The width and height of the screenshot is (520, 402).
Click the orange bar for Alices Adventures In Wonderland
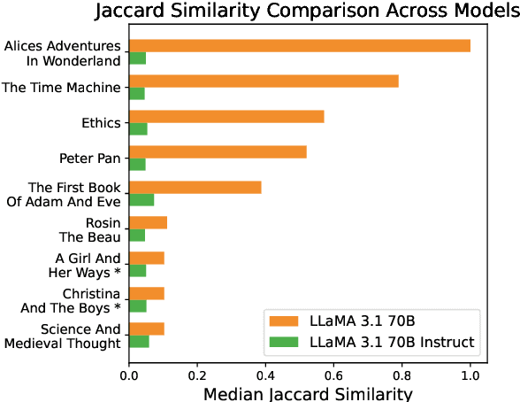coord(300,45)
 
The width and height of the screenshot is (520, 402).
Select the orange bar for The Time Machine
coord(264,81)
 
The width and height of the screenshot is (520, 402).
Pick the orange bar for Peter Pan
coord(218,151)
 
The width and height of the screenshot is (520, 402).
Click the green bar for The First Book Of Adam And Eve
coord(141,199)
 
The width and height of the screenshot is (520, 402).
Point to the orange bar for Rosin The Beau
coord(148,222)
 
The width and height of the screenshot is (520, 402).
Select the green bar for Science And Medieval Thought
coord(139,341)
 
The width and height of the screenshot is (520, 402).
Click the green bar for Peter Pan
coord(137,164)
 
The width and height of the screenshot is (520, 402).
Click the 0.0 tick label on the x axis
coord(129,373)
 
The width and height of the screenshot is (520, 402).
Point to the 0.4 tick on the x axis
coord(265,373)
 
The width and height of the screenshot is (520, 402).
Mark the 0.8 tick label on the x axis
coord(401,373)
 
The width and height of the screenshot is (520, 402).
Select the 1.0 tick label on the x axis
coord(470,373)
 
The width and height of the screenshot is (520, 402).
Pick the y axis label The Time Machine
coord(61,87)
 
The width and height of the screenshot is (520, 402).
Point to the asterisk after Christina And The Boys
coord(117,307)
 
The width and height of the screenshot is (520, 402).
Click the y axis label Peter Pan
coord(90,158)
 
